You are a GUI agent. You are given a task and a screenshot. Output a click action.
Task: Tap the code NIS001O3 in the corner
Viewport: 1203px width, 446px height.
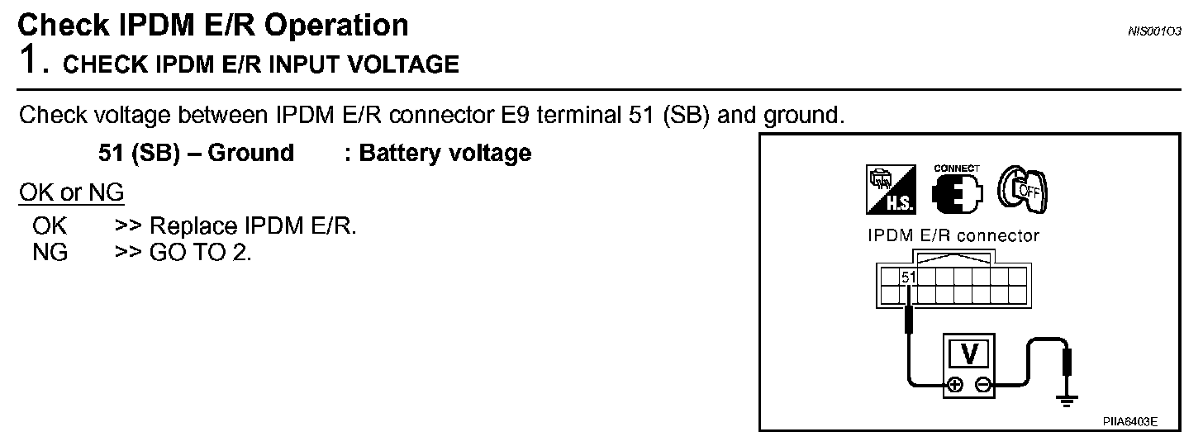(1153, 31)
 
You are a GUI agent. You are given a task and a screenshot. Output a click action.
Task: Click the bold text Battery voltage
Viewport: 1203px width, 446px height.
(445, 154)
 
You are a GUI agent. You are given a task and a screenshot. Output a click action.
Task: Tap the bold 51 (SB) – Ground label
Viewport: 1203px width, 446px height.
(196, 154)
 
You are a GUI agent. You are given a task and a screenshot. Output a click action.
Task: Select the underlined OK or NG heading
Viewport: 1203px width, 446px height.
(71, 193)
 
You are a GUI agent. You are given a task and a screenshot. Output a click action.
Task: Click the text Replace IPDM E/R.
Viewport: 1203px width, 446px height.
(253, 226)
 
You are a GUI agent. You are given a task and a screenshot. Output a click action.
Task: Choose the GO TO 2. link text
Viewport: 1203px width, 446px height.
(200, 252)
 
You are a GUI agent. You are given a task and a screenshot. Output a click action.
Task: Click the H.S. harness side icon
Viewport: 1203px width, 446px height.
(892, 187)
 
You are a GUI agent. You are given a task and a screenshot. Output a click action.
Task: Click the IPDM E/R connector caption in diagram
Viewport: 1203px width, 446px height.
(953, 236)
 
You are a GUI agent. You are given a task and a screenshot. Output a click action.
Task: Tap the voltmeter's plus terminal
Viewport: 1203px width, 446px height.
(955, 384)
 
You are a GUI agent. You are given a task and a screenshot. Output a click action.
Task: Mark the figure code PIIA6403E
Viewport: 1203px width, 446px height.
(1129, 421)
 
